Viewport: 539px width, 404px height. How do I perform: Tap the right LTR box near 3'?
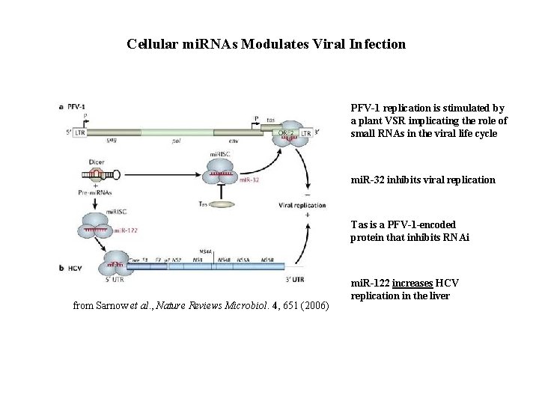(x=305, y=133)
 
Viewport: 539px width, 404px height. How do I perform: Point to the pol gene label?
(x=177, y=140)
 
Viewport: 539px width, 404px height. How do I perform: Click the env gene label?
(x=234, y=140)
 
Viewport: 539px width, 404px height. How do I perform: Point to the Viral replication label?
(x=302, y=205)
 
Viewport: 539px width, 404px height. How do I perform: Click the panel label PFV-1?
(x=76, y=107)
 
